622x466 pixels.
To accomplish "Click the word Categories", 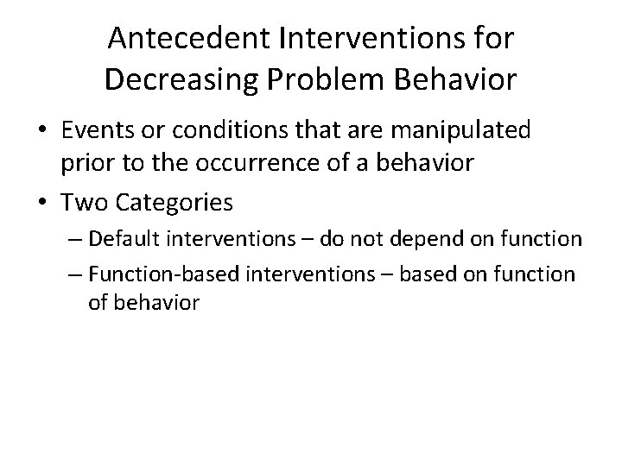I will pos(183,203).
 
